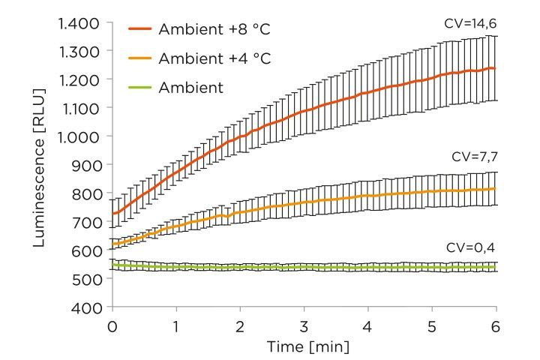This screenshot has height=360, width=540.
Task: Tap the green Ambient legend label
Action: (x=191, y=88)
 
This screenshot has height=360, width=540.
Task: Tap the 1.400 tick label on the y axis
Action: (x=79, y=23)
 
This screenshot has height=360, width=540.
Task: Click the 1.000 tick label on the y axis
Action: (x=79, y=136)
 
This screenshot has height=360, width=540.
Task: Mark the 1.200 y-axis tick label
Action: (x=79, y=80)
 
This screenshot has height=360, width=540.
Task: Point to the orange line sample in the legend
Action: (x=140, y=58)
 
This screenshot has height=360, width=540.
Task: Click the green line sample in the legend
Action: (x=140, y=88)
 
